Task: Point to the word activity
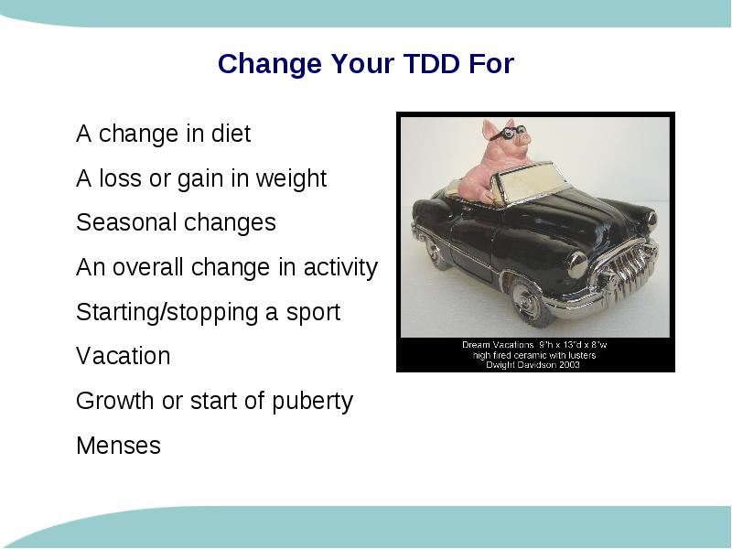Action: pyautogui.click(x=340, y=268)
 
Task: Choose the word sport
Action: pyautogui.click(x=313, y=312)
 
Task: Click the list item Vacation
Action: pyautogui.click(x=124, y=356)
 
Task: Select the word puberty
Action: pyautogui.click(x=312, y=402)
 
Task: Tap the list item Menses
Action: pyautogui.click(x=119, y=446)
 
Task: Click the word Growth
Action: pyautogui.click(x=115, y=401)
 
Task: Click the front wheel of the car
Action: pyautogui.click(x=530, y=301)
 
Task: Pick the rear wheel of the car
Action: pyautogui.click(x=436, y=253)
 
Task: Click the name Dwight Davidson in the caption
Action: pyautogui.click(x=521, y=364)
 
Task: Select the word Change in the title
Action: pyautogui.click(x=270, y=64)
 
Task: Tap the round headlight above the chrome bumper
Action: pyautogui.click(x=577, y=264)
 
